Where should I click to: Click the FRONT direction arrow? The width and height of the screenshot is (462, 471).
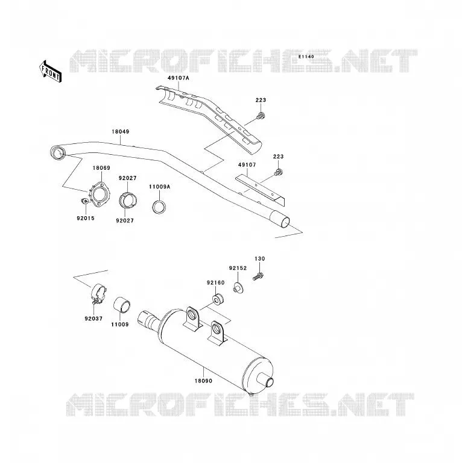[x=50, y=72]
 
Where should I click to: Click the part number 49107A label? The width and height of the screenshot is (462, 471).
[x=178, y=78]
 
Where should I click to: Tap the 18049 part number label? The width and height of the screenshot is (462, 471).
[x=120, y=131]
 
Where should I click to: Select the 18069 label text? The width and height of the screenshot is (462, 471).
[x=101, y=168]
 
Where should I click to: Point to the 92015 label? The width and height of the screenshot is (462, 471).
[x=86, y=219]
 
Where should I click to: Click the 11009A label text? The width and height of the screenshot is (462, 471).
[x=159, y=187]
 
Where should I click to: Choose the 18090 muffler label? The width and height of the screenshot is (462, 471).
[x=203, y=381]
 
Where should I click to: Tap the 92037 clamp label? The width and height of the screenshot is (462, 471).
[x=93, y=319]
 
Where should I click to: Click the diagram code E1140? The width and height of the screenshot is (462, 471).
[x=306, y=57]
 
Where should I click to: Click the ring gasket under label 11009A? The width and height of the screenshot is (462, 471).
[x=159, y=207]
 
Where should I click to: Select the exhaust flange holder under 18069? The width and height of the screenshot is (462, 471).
[x=100, y=195]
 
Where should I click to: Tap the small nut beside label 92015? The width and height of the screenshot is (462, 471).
[x=84, y=201]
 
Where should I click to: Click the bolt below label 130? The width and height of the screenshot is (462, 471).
[x=258, y=276]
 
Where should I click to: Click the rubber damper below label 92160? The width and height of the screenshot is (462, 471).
[x=218, y=299]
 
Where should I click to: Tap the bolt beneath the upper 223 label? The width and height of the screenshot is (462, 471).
[x=261, y=116]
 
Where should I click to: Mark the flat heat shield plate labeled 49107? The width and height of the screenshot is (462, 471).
[x=260, y=191]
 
